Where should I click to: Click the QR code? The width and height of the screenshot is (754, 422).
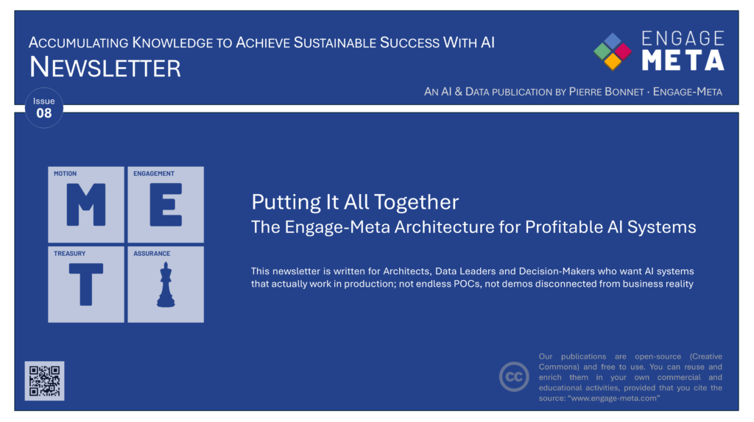(44, 381)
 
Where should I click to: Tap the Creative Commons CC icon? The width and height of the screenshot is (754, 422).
(513, 377)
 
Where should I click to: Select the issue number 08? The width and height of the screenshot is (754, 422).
(43, 113)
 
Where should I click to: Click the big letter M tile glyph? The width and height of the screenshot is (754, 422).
(86, 205)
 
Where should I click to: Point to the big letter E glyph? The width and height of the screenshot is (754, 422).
(166, 205)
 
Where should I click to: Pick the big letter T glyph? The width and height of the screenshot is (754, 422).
(86, 285)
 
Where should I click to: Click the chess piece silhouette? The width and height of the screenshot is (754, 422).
(166, 285)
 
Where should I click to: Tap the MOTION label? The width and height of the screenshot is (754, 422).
(65, 174)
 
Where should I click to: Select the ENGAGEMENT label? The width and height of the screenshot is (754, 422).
(154, 174)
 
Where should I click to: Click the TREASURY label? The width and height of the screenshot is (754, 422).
(70, 254)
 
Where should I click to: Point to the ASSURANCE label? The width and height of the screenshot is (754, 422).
(152, 254)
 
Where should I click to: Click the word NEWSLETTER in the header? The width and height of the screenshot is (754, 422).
(105, 67)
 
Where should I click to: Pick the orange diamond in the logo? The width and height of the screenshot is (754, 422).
(613, 62)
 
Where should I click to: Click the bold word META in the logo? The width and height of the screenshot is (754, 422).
(683, 60)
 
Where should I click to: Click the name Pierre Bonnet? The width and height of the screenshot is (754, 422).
(607, 92)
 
